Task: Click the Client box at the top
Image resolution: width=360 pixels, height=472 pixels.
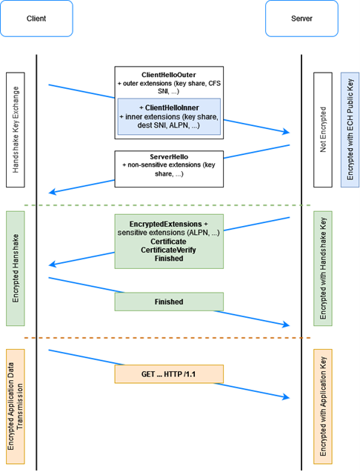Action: coord(36,19)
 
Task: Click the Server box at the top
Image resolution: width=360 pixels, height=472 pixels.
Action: coord(301,19)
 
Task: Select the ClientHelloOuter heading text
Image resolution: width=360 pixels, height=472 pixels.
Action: coord(169,75)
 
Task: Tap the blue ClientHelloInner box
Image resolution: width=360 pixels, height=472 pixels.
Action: coord(169,116)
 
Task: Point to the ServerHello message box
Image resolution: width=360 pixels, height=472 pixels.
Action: coord(169,169)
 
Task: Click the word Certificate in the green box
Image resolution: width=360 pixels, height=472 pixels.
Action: coord(169,242)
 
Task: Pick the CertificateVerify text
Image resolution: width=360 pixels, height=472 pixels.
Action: coord(169,250)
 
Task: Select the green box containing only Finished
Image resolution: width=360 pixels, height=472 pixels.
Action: coord(169,302)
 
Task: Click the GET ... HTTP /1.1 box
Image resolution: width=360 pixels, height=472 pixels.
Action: coord(169,374)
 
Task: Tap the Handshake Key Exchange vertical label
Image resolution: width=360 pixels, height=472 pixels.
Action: coord(16,130)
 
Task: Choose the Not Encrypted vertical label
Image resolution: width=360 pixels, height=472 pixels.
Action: coord(323,130)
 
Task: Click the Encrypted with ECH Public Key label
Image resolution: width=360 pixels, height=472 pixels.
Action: coord(350,130)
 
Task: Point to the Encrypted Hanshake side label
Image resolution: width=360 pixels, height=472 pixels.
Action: coord(16,268)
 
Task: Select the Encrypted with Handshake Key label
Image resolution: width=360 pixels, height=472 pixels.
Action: coord(323,268)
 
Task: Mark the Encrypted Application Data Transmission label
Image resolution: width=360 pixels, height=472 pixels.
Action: coord(16,407)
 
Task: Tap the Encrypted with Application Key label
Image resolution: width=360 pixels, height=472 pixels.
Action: coord(323,407)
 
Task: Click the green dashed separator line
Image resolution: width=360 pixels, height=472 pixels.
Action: coord(167,205)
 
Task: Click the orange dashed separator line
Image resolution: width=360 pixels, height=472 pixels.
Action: coord(167,338)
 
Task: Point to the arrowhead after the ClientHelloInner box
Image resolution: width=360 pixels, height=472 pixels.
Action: coord(286,132)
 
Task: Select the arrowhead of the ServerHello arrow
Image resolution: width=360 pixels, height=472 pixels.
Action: coord(52,192)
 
